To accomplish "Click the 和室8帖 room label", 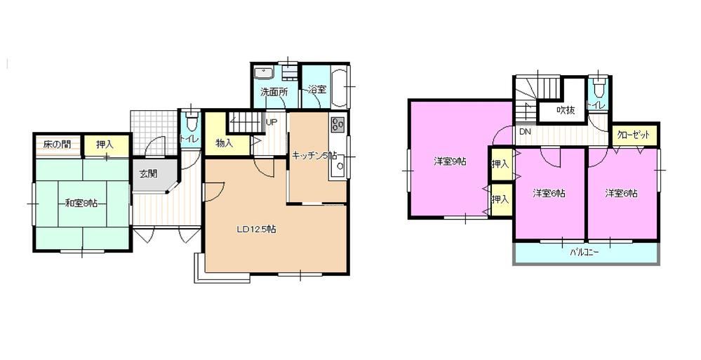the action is tap(81, 204).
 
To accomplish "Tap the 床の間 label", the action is tap(57, 145).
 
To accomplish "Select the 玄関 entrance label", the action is tap(149, 173).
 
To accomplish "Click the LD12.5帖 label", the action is tap(255, 230).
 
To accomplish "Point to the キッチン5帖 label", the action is tap(315, 156).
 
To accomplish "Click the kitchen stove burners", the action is tap(338, 124).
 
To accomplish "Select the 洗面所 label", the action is tap(274, 93).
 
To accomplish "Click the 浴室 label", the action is tap(317, 89).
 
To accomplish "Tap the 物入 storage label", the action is tap(225, 143).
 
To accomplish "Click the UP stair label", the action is tap(272, 121).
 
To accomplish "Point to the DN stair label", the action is tap(525, 132).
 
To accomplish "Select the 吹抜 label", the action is tap(566, 110).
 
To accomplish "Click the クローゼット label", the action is tap(634, 135).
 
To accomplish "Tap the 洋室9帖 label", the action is tap(449, 161).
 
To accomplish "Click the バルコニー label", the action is tap(585, 252).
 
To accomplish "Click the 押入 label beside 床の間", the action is tap(105, 145).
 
